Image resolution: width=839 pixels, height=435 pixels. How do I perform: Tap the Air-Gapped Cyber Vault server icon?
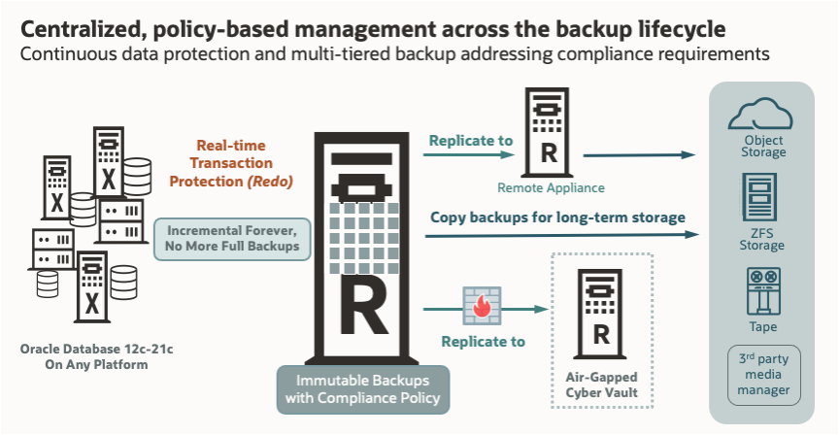tap(602, 311)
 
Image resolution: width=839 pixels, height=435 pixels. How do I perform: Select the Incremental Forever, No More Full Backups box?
tap(232, 239)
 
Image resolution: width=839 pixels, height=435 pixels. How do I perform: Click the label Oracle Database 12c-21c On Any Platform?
tap(88, 356)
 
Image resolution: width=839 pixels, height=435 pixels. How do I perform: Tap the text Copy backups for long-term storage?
tap(558, 217)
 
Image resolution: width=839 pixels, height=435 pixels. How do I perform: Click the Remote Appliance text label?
tap(550, 188)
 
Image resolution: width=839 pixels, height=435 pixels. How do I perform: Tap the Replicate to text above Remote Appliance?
tap(471, 140)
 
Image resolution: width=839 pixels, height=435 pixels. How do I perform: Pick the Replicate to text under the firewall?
tap(483, 341)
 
